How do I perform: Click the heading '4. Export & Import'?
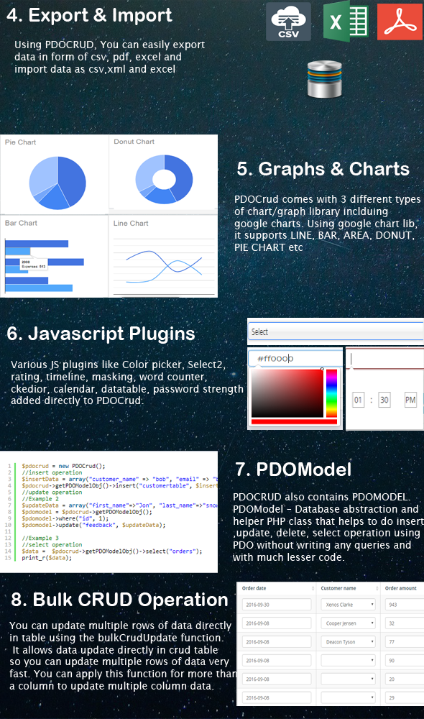click(x=90, y=15)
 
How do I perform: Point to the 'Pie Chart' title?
click(x=21, y=142)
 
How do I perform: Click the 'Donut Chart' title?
click(x=134, y=142)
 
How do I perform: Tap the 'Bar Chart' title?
click(x=21, y=223)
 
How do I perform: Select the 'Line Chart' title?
click(x=132, y=223)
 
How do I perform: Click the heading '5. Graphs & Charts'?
click(x=323, y=169)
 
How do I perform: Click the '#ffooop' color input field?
click(x=295, y=358)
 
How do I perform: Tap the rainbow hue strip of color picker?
click(x=331, y=392)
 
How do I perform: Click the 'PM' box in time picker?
click(x=410, y=399)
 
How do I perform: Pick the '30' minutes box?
click(x=384, y=399)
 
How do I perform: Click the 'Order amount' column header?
click(x=400, y=588)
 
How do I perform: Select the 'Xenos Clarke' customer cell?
click(x=349, y=605)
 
